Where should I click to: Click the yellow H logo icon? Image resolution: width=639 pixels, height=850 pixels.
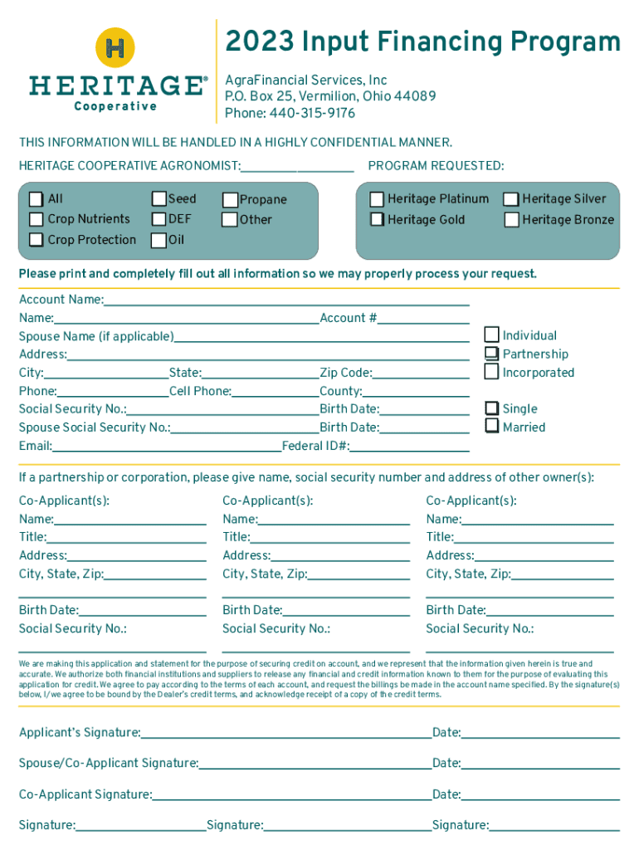point(116,47)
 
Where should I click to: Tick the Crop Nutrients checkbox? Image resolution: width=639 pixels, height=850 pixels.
point(37,219)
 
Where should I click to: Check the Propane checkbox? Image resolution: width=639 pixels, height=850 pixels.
point(230,200)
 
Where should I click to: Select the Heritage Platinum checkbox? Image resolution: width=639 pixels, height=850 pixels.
point(378,199)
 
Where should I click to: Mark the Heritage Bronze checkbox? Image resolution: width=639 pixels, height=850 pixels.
point(512,220)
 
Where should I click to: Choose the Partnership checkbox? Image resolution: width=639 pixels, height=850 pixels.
point(492,354)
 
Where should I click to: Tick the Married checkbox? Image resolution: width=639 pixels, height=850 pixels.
point(492,427)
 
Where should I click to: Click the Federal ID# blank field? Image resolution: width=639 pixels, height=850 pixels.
point(409,448)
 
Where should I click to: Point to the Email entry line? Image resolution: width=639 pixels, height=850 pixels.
point(166,448)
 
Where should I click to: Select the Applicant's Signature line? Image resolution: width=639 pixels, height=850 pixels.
point(285,735)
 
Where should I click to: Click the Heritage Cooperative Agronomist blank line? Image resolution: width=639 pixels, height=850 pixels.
point(297,169)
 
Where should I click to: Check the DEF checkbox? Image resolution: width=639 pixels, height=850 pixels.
point(159,219)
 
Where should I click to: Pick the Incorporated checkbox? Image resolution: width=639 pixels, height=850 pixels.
point(492,372)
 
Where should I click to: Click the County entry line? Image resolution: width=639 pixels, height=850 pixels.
point(416,393)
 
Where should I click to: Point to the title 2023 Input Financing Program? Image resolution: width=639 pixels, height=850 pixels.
point(423,42)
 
